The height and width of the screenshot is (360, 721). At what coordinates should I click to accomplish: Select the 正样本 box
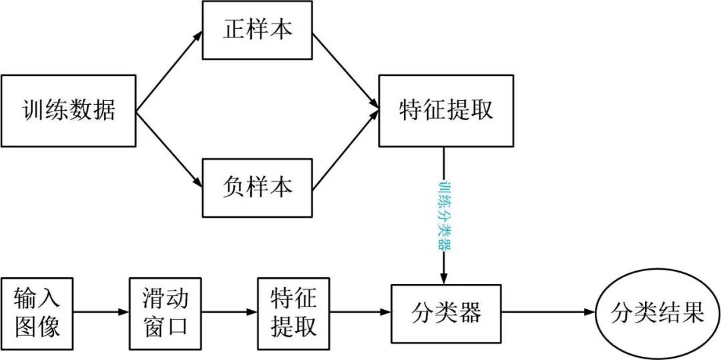pos(257,31)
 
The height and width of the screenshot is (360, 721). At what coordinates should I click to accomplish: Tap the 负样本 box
pos(257,188)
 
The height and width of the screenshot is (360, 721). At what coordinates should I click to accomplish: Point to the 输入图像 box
pos(37,312)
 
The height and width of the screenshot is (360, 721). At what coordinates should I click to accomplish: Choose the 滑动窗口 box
pos(165,312)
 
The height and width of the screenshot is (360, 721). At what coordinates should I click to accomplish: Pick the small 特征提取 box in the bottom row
pos(294,312)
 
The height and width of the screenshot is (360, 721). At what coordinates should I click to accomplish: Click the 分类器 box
pos(446,312)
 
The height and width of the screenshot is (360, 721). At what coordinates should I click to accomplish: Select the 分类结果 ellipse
pos(659,312)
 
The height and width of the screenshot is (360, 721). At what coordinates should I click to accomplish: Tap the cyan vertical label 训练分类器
pos(443,214)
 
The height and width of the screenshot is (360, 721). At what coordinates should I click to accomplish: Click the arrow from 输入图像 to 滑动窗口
pos(101,312)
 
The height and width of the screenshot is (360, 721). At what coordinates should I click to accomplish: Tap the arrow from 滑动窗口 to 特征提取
pos(229,312)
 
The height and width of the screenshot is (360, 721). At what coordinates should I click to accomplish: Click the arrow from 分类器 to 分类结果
pos(547,312)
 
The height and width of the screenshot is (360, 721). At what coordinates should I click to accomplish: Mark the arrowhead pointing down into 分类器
pos(443,279)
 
